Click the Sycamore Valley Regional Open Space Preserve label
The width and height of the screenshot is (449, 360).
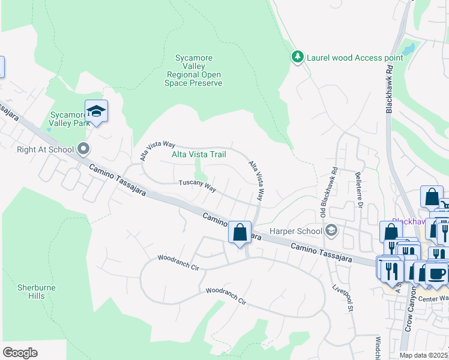point(193,70)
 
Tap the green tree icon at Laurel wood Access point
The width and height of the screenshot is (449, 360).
point(297,57)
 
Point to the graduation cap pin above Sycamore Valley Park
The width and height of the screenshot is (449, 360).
point(96,112)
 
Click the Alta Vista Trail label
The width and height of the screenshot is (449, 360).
point(199,154)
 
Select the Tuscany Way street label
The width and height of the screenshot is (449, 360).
point(197,187)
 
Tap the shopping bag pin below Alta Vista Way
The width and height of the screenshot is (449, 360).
point(240,232)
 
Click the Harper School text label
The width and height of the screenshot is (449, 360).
point(295,230)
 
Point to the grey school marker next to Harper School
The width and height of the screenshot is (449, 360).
point(331,230)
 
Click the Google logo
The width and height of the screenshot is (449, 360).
point(20,353)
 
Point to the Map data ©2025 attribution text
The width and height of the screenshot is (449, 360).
point(423,355)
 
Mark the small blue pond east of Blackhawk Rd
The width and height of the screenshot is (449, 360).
point(409,49)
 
